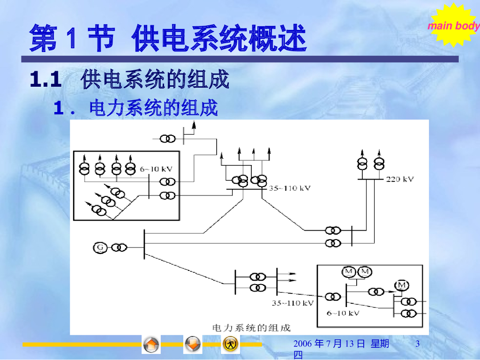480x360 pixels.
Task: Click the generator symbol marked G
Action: point(100,247)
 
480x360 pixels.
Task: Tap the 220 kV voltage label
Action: point(400,179)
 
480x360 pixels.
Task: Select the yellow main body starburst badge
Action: point(452,25)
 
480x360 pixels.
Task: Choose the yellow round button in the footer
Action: point(230,344)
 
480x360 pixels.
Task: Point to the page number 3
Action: point(417,345)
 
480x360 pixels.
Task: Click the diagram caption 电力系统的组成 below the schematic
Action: point(252,327)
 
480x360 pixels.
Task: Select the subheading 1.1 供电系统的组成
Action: point(129,80)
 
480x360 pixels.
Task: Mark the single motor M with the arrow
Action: point(401,285)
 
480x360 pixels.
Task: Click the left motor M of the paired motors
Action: point(349,271)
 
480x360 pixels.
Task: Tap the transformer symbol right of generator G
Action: point(119,247)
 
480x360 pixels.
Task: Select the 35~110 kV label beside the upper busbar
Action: point(290,188)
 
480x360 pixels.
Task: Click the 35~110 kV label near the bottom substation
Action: point(292,303)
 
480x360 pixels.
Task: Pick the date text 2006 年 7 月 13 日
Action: point(329,345)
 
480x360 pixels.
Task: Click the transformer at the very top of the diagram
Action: point(167,139)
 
